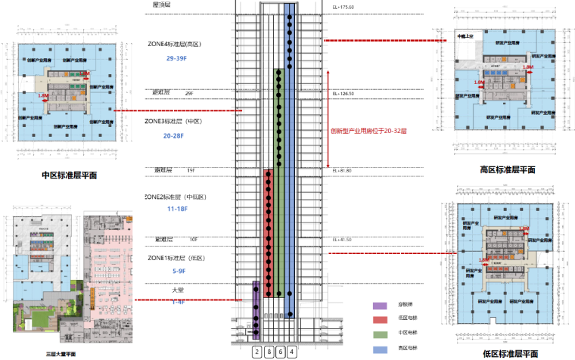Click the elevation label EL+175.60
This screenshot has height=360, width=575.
[x=343, y=8]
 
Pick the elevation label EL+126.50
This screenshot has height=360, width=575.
[x=343, y=93]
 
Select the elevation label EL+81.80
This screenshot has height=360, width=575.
[x=342, y=170]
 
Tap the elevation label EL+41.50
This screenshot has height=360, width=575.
[x=342, y=239]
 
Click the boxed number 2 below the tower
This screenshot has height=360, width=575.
[x=257, y=352]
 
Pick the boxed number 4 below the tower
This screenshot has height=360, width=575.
[x=292, y=352]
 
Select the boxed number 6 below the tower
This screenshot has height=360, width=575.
[x=281, y=352]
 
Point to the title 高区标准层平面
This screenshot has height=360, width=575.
[x=508, y=170]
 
